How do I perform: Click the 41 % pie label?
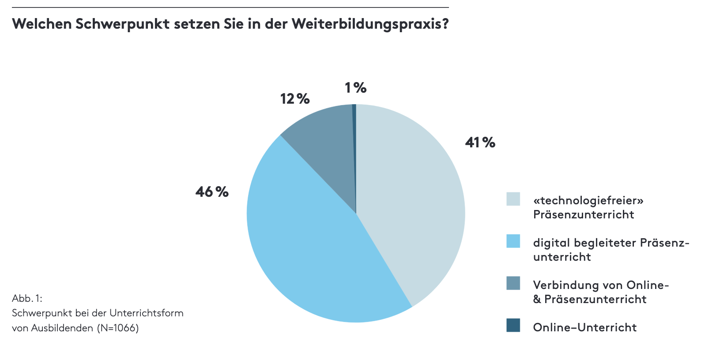[480, 142]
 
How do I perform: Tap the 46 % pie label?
[212, 192]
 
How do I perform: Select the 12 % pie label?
[295, 99]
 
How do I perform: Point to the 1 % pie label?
[356, 88]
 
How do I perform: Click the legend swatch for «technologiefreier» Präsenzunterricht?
[513, 199]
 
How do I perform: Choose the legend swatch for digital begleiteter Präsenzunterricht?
[513, 241]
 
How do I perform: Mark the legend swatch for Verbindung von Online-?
[513, 283]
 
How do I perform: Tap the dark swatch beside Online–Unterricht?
[513, 325]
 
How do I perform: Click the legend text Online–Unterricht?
[585, 327]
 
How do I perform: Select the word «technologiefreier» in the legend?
[588, 201]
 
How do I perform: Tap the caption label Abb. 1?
[27, 298]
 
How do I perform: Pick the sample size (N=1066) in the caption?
[118, 328]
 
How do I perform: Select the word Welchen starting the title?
[42, 24]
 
